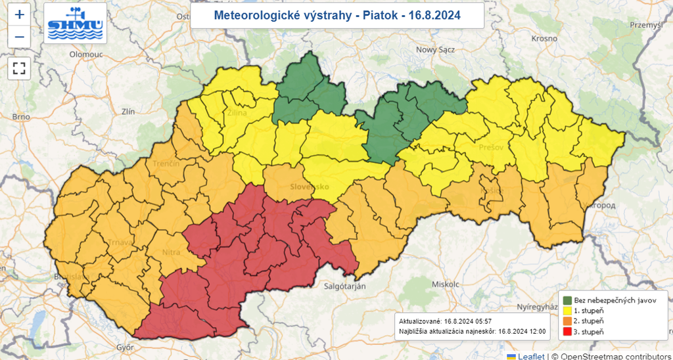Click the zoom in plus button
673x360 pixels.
pos(19,14)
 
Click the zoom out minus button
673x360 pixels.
pos(19,37)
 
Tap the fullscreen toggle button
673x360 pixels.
pos(19,68)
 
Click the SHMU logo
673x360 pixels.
pos(75,23)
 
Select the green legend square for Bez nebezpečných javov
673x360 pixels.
pos(567,300)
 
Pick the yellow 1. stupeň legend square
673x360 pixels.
pos(567,310)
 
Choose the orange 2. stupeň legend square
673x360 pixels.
pos(567,321)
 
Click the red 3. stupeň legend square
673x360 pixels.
pos(567,332)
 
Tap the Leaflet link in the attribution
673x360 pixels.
pos(530,355)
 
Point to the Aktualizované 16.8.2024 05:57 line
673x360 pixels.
pos(446,321)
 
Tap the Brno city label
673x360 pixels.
pos(21,117)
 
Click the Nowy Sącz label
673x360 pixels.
pos(436,49)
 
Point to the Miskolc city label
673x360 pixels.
pos(444,284)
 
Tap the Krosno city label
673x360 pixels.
pos(544,39)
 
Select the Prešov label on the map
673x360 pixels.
pos(491,147)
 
